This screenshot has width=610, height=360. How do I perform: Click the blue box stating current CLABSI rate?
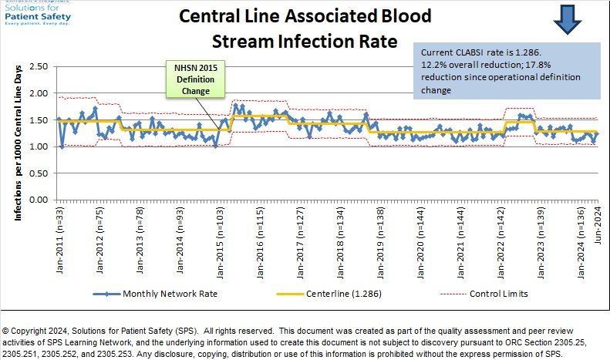click(x=506, y=71)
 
